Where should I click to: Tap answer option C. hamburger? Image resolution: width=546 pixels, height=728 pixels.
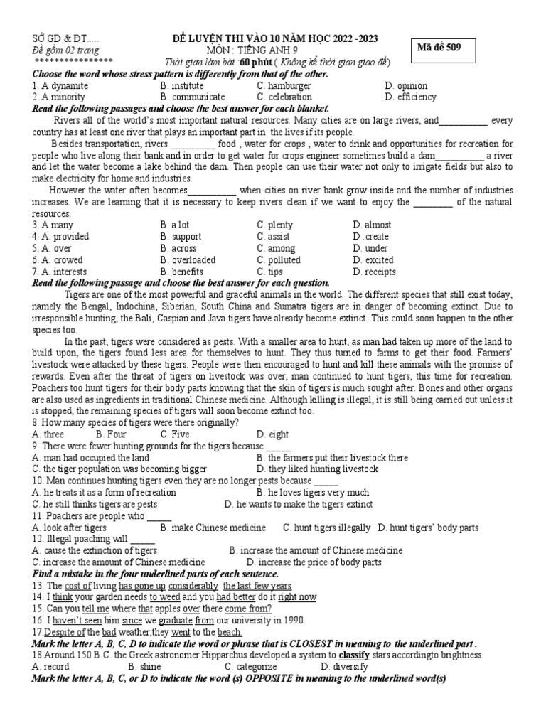coord(284,85)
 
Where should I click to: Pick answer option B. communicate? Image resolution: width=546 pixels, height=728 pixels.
coord(193,97)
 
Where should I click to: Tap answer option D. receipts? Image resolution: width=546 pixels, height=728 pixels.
coord(374,272)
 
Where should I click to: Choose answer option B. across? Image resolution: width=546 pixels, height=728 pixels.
coord(180,248)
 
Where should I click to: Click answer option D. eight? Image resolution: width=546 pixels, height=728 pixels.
coord(273,434)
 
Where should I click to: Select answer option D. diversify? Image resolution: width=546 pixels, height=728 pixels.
coord(344,667)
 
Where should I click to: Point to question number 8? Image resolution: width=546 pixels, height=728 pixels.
coord(35,422)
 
